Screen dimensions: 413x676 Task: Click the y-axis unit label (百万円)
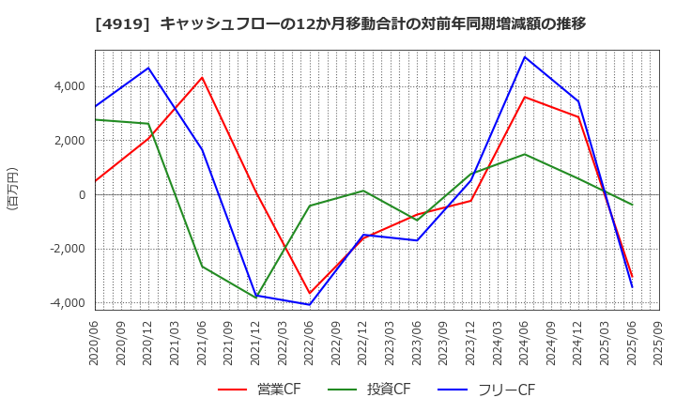[12, 189]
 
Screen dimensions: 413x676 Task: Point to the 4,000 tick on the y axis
[69, 86]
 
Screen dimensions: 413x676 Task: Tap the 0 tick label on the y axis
[82, 195]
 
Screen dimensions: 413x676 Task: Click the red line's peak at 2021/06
[202, 78]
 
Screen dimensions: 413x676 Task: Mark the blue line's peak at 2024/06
[525, 57]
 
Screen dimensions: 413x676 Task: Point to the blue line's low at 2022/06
[310, 304]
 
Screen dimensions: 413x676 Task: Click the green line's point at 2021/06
[202, 267]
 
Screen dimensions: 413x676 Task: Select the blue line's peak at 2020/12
[148, 68]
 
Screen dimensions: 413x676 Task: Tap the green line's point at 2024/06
[525, 154]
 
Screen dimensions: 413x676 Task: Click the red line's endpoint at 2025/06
[632, 277]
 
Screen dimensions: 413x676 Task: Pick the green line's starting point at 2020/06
[95, 119]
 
